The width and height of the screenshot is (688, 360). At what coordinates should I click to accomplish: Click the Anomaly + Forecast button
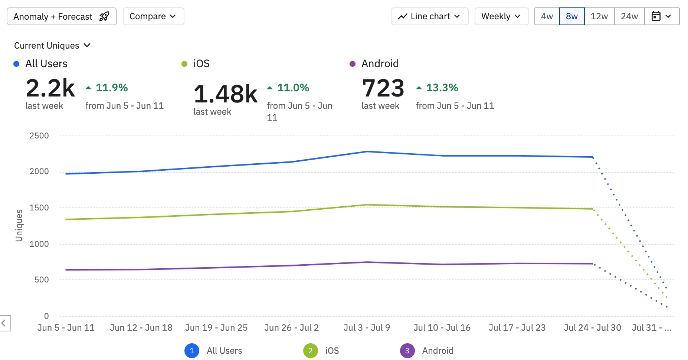click(62, 17)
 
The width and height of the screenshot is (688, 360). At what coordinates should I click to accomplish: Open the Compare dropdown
click(153, 17)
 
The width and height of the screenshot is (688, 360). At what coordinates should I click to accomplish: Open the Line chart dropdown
click(429, 17)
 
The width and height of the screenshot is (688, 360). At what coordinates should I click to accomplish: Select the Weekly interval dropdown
click(501, 17)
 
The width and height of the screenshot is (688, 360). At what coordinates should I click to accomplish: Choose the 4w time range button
click(547, 17)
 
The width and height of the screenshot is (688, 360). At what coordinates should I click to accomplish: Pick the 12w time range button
click(599, 17)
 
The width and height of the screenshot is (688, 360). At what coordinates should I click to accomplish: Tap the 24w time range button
click(629, 17)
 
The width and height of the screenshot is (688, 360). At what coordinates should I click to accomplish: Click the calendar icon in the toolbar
click(656, 16)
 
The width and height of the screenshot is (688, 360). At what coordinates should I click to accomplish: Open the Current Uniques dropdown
click(52, 46)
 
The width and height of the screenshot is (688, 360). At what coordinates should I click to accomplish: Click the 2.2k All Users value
click(50, 88)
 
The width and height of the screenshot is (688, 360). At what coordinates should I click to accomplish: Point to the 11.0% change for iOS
click(293, 88)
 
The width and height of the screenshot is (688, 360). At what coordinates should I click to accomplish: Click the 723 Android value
click(383, 88)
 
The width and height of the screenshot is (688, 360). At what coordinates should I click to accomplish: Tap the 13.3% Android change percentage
click(442, 88)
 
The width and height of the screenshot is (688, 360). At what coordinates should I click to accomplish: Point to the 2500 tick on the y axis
click(39, 136)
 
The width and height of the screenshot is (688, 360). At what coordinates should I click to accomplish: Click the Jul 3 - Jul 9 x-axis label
click(367, 328)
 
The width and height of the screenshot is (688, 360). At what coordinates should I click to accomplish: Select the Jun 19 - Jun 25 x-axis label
click(216, 328)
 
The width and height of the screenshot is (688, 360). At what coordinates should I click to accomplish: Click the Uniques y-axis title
click(19, 225)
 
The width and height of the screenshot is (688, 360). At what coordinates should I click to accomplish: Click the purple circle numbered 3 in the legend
click(407, 351)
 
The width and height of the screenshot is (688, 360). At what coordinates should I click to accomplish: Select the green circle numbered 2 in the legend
click(310, 351)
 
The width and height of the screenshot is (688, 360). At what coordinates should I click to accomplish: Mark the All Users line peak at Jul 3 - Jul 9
click(367, 152)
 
